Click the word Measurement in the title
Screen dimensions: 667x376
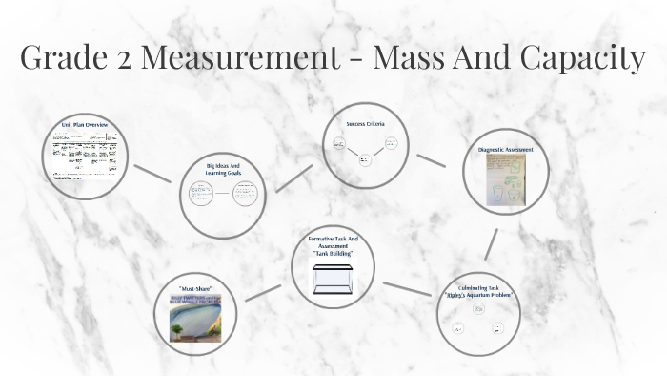[x=251, y=58]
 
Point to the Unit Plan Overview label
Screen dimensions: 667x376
[x=85, y=125]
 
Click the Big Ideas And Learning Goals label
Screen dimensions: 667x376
[x=222, y=170]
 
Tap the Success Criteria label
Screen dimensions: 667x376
[x=365, y=124]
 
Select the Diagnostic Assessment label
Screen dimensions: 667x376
[x=505, y=150]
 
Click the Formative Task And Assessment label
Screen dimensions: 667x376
[x=333, y=245]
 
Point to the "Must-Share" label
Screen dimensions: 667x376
[x=193, y=288]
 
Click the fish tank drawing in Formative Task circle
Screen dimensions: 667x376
[x=333, y=279]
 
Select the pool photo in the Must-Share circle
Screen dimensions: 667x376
[x=195, y=319]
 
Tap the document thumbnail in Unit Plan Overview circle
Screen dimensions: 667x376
[x=85, y=155]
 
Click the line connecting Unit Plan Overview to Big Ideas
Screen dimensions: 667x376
[x=152, y=173]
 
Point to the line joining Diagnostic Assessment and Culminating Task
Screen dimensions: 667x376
[x=491, y=244]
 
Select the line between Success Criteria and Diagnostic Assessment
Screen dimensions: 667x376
[x=431, y=160]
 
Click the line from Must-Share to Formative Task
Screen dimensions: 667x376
[x=263, y=292]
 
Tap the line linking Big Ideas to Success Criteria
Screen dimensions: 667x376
[x=293, y=178]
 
